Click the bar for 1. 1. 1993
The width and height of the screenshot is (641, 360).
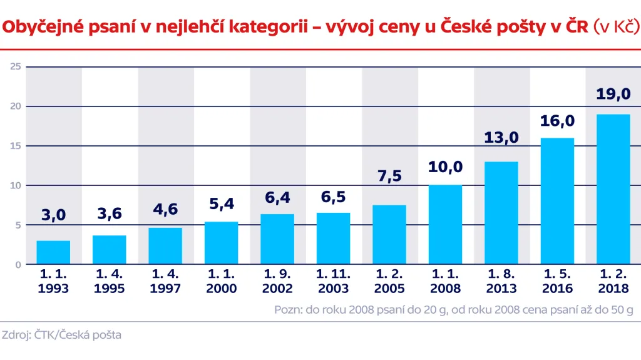coord(53,252)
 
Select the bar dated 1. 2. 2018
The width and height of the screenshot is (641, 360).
coord(613,189)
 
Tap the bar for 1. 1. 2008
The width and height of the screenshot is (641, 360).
coord(445,225)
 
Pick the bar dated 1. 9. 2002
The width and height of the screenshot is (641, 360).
coord(277,239)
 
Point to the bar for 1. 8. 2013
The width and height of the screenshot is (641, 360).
coord(501,213)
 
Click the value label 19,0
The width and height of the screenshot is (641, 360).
coord(613,95)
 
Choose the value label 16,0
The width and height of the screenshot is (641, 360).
coord(557,121)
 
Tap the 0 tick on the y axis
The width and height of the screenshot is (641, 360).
coord(19,264)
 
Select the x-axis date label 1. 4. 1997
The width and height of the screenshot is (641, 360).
coord(165,281)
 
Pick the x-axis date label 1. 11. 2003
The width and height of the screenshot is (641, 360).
coord(333,281)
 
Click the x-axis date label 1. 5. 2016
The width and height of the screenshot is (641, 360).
coord(557,281)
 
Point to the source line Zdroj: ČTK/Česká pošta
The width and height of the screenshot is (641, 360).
coord(61,335)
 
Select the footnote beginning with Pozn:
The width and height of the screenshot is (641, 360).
coord(454,309)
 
